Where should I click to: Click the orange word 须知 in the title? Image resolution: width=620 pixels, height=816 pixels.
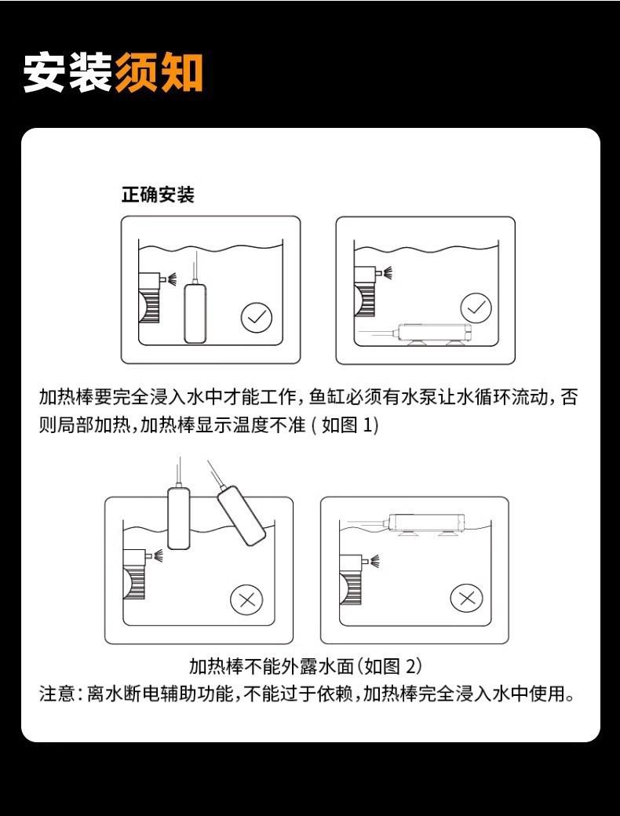click(159, 72)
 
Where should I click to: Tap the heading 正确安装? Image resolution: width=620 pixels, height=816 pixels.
click(157, 195)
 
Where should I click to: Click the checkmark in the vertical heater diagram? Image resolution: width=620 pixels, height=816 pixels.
click(256, 318)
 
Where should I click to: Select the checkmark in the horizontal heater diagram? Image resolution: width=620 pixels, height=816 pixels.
click(475, 308)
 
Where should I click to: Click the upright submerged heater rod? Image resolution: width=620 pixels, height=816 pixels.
click(195, 313)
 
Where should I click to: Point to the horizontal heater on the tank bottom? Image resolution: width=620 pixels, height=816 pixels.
click(433, 333)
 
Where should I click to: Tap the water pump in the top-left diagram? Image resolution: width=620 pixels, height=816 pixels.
click(149, 297)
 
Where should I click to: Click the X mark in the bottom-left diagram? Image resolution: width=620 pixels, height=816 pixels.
click(246, 600)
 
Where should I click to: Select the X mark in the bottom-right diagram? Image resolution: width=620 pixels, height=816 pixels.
click(466, 598)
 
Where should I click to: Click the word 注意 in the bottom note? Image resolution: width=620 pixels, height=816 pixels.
click(58, 694)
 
